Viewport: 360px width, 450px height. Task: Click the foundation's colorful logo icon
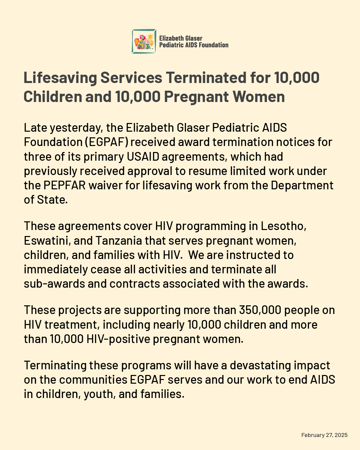coord(144,41)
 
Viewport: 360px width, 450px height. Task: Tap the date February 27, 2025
coord(324,435)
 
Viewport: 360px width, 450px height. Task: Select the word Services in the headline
coord(131,78)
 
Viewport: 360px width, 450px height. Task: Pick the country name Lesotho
coord(283,226)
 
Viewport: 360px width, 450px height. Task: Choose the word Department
coord(302,185)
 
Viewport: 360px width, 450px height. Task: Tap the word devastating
coord(255,365)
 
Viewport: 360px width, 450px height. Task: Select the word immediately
coord(50,269)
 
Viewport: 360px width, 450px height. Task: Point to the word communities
coord(93,380)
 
